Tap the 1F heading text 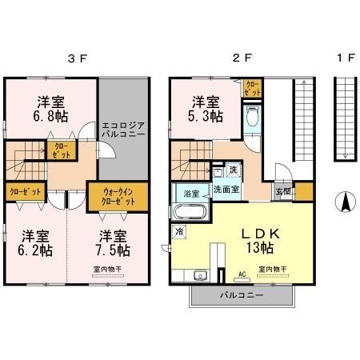click(345, 58)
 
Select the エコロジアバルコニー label click(123, 130)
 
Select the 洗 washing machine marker click(233, 170)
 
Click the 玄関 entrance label click(284, 192)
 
